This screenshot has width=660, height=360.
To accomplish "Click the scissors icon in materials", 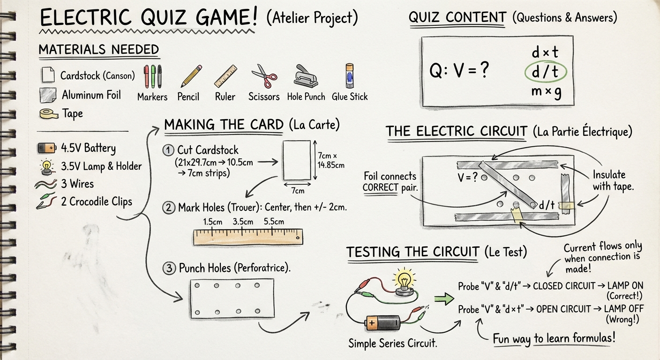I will tap(264, 76).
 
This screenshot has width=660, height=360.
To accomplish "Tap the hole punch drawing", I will tap(306, 75).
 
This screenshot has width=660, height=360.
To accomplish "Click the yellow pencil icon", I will tap(191, 76).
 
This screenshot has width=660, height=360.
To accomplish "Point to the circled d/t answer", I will tap(546, 72).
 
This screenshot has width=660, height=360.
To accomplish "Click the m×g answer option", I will tap(546, 92).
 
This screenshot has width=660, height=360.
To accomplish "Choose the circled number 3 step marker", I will tap(168, 269).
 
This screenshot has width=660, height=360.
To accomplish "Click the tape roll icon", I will tap(49, 113).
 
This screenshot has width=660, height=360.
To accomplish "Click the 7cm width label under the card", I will tap(298, 190).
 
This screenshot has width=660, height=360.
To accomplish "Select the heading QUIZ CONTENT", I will tap(457, 18).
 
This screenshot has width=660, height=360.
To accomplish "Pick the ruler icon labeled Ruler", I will tap(225, 76).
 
